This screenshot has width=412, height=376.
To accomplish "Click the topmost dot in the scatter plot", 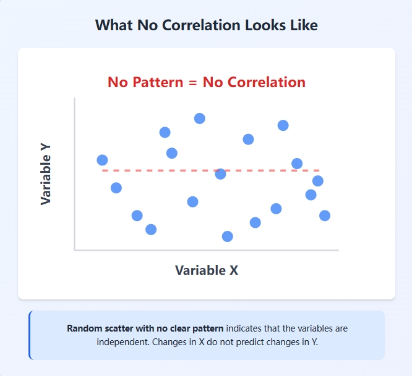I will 199,119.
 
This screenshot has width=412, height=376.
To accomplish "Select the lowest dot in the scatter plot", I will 227,236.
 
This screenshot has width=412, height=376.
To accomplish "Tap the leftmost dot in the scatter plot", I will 102,160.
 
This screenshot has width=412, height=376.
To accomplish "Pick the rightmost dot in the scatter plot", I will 325,215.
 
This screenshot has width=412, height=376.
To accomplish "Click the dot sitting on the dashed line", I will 220,174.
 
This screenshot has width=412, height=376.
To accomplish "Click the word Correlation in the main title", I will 198,25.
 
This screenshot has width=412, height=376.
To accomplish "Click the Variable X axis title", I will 207,270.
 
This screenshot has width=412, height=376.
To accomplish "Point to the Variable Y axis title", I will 46,174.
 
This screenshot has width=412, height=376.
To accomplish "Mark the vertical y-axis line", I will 74,185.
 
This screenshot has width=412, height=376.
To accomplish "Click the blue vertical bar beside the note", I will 30,335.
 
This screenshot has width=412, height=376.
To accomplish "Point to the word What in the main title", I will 113,25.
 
